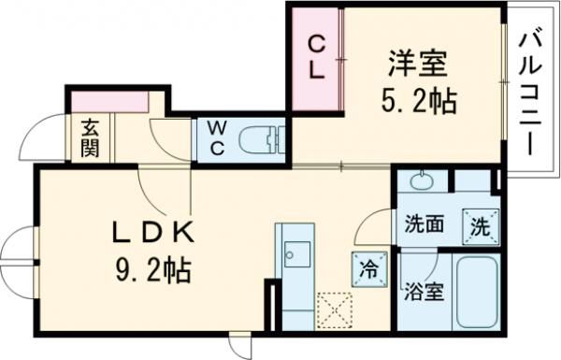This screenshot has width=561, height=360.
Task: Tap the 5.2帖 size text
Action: coord(418,100)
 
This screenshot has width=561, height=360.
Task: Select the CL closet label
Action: coord(316,58)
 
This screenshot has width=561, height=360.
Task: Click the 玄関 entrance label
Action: coord(90,138)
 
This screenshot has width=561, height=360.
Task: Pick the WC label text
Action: coord(215,137)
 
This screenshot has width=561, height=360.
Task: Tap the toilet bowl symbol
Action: coord(263,140)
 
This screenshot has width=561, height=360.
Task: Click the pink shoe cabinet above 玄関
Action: coord(107,102)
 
